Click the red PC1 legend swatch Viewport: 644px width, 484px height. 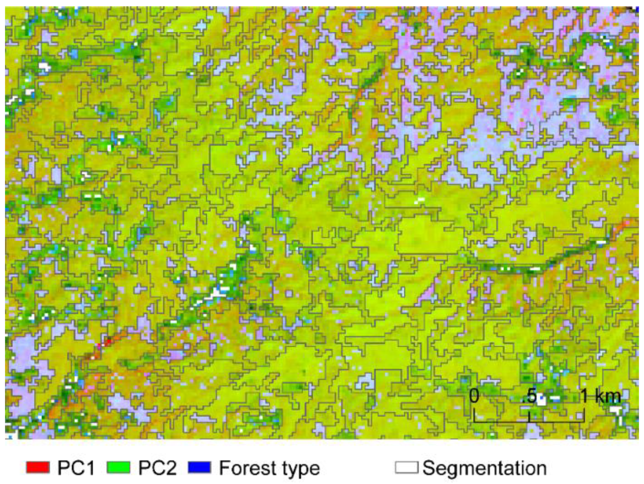pyautogui.click(x=38, y=467)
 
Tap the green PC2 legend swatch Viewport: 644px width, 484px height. pyautogui.click(x=118, y=467)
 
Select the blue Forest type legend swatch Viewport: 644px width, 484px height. pyautogui.click(x=199, y=467)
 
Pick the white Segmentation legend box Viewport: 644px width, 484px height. pyautogui.click(x=406, y=467)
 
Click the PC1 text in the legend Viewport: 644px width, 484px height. pyautogui.click(x=76, y=468)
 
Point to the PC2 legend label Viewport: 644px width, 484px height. pyautogui.click(x=157, y=468)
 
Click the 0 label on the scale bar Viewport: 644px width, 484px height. pyautogui.click(x=474, y=396)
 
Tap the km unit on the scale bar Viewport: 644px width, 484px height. pyautogui.click(x=607, y=396)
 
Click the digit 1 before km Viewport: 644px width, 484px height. pyautogui.click(x=584, y=396)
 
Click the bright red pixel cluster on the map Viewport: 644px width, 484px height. pyautogui.click(x=107, y=342)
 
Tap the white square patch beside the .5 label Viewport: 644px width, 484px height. pyautogui.click(x=541, y=399)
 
